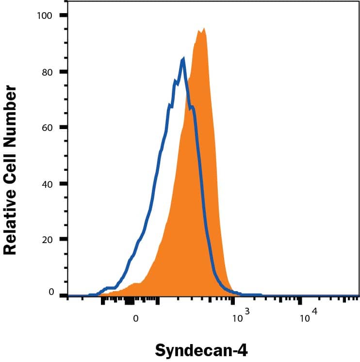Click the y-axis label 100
[x=44, y=16]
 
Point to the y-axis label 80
[x=47, y=72]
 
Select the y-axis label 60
[x=47, y=128]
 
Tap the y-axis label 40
[x=47, y=184]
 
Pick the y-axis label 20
[x=47, y=240]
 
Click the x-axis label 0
[x=136, y=319]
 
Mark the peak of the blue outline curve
[x=183, y=59]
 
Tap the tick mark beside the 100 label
[x=63, y=16]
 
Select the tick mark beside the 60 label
[x=63, y=128]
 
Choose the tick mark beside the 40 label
[x=63, y=184]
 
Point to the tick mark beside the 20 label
[x=63, y=240]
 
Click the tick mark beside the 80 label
[x=63, y=72]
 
